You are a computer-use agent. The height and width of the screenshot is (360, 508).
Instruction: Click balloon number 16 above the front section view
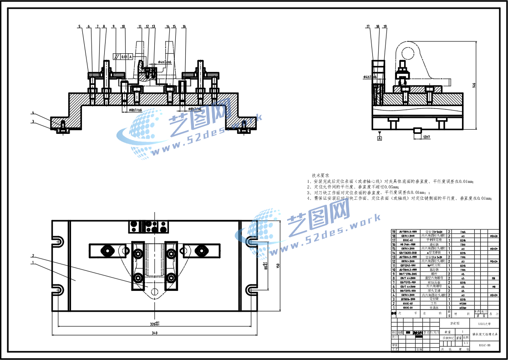coord(184,27)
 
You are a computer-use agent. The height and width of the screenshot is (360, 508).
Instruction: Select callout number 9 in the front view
coord(113,27)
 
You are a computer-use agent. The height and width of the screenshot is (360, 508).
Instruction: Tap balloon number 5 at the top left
coord(79,27)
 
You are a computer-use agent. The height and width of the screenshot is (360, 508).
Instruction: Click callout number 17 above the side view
coord(367,27)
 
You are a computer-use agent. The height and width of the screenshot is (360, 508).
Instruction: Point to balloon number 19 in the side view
coord(385,27)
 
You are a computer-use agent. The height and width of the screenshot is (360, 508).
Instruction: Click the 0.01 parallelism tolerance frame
coord(124,57)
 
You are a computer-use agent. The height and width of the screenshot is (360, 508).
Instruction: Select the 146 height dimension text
coord(474,85)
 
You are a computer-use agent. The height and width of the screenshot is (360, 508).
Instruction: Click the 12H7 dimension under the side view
coord(426,137)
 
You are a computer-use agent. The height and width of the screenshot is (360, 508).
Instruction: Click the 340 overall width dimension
coord(154,334)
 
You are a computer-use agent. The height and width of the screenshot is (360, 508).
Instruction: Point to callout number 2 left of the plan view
coord(33,255)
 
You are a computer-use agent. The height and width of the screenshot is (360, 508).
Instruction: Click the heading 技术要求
coord(320,175)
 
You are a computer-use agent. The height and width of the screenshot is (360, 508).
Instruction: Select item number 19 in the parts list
coord(394,232)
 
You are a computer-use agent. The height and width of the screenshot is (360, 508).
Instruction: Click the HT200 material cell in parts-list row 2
coord(462,303)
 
